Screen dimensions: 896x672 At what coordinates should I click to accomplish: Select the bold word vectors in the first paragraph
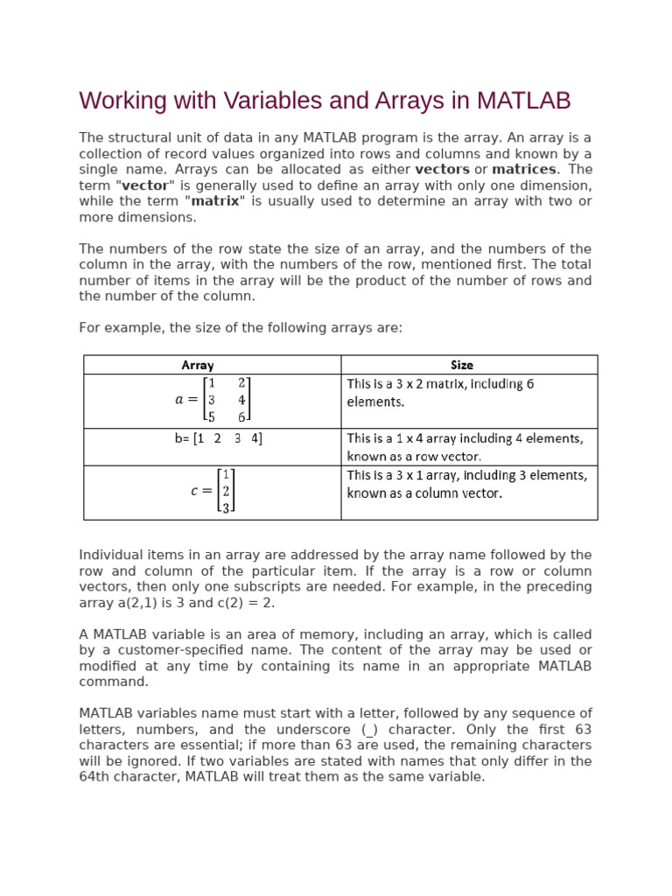[x=442, y=169]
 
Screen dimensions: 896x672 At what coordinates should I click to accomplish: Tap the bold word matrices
[x=523, y=169]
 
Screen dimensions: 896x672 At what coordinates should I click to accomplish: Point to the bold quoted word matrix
[x=214, y=201]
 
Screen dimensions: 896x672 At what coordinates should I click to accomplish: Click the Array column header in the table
[x=198, y=365]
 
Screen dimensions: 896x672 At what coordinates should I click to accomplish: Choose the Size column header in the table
[x=462, y=365]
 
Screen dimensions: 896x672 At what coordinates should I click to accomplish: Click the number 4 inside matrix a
[x=242, y=401]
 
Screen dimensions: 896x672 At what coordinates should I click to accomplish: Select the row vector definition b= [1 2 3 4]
[x=218, y=438]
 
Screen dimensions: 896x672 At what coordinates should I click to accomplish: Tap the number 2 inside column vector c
[x=226, y=492]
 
